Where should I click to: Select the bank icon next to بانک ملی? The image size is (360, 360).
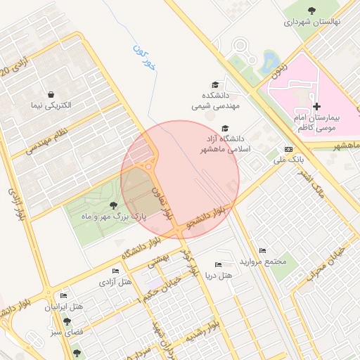(x=288, y=149)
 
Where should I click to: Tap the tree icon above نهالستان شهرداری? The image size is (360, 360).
(x=311, y=9)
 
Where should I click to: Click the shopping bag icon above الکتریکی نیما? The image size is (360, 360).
(x=51, y=94)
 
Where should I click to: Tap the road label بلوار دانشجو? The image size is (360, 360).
(x=205, y=218)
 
